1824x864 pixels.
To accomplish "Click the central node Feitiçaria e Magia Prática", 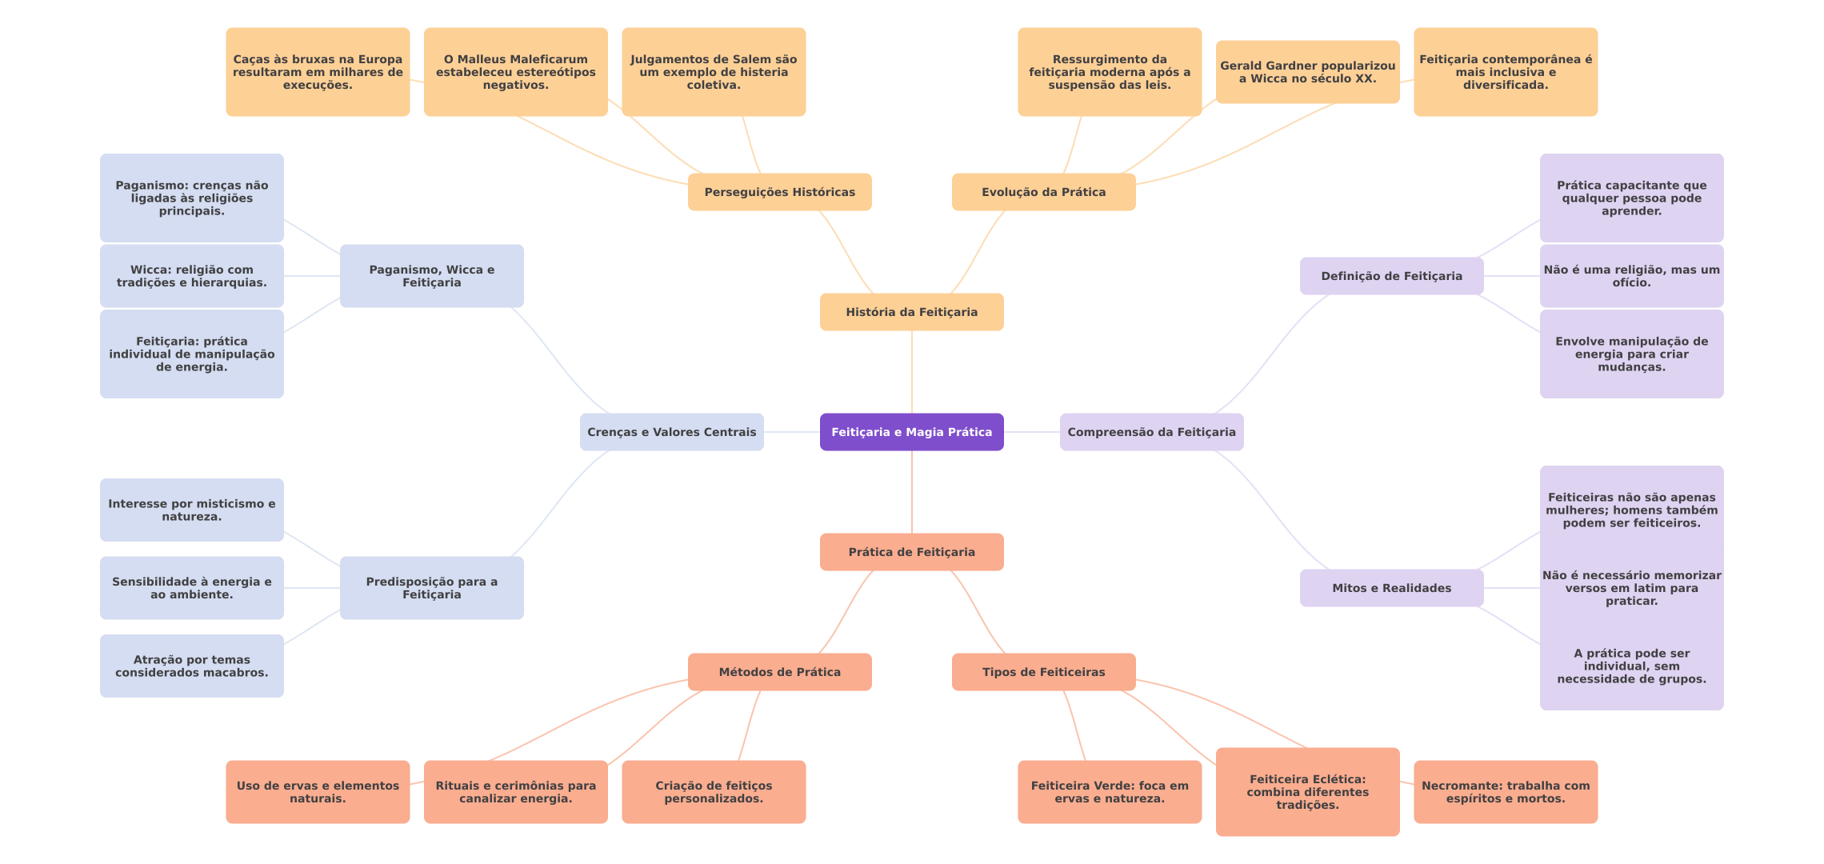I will tap(911, 432).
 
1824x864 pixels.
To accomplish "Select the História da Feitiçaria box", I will tap(911, 312).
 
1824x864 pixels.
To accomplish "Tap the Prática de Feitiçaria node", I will tap(911, 552).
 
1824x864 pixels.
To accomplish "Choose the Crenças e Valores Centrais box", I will tap(671, 432).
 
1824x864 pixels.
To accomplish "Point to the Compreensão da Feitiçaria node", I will tap(1151, 432).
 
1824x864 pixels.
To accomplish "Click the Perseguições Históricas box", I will tap(779, 192).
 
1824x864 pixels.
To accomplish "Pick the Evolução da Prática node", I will tap(1043, 192).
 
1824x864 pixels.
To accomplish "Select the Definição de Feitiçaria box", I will tap(1391, 276).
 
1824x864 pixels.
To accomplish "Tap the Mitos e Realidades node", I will tap(1391, 588).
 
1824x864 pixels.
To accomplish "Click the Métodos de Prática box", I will tap(779, 672).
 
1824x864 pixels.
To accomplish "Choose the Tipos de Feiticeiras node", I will tap(1043, 672).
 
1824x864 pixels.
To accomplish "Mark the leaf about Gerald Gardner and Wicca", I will tap(1307, 72).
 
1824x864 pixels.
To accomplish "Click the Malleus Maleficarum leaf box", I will tap(515, 72).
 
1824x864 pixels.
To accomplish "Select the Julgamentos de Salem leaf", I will tap(714, 72).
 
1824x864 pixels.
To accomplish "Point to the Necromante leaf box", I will tap(1506, 792).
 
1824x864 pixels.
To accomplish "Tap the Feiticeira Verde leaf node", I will tap(1110, 792).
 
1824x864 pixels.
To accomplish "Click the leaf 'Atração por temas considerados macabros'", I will tap(191, 666).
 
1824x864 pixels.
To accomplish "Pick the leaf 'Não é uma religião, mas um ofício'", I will tap(1631, 276).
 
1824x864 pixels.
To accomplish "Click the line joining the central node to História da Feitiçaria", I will tap(912, 372).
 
